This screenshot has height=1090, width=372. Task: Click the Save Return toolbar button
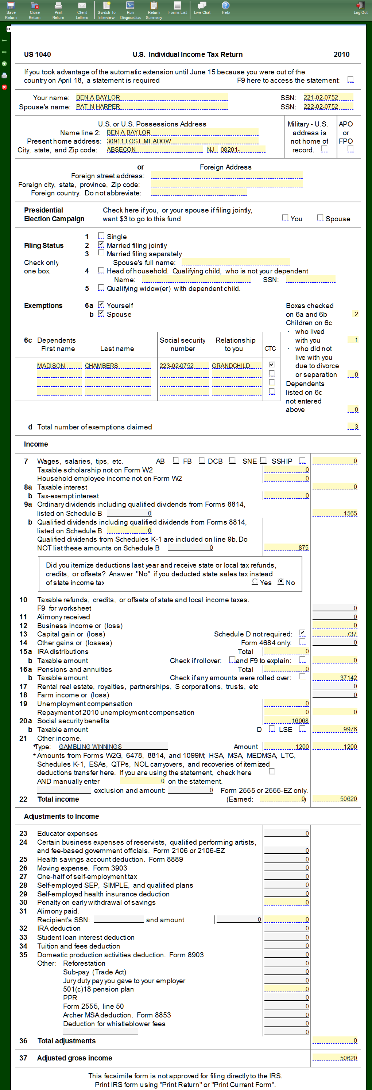(x=11, y=10)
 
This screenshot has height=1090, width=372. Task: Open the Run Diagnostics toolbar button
(x=130, y=10)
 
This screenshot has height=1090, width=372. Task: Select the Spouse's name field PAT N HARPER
(x=151, y=106)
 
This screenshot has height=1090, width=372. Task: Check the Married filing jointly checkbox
(x=101, y=245)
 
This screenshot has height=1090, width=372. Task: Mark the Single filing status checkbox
(x=101, y=236)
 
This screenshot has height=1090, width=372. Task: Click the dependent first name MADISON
(x=59, y=366)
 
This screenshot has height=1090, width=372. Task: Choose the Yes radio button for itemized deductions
(x=255, y=582)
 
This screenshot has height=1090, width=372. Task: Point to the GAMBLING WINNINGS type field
(x=113, y=747)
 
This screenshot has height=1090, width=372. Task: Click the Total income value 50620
(x=335, y=799)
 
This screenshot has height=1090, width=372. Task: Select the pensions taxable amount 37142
(x=335, y=678)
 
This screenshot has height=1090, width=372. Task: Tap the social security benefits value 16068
(x=287, y=721)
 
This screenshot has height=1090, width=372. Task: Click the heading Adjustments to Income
(x=61, y=816)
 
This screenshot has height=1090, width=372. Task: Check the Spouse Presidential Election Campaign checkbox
(x=320, y=218)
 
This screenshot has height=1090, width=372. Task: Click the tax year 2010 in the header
(x=341, y=55)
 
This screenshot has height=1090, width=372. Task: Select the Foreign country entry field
(x=198, y=193)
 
